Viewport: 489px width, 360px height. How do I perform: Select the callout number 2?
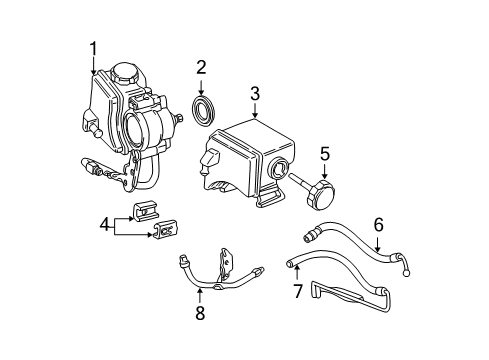click(200, 68)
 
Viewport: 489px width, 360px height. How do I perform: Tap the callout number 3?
click(255, 93)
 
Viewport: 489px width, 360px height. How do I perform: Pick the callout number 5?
click(325, 154)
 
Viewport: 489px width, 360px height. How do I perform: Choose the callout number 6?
click(378, 227)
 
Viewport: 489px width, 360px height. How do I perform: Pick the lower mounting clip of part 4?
click(163, 233)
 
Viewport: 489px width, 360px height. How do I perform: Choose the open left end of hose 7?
click(292, 265)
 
